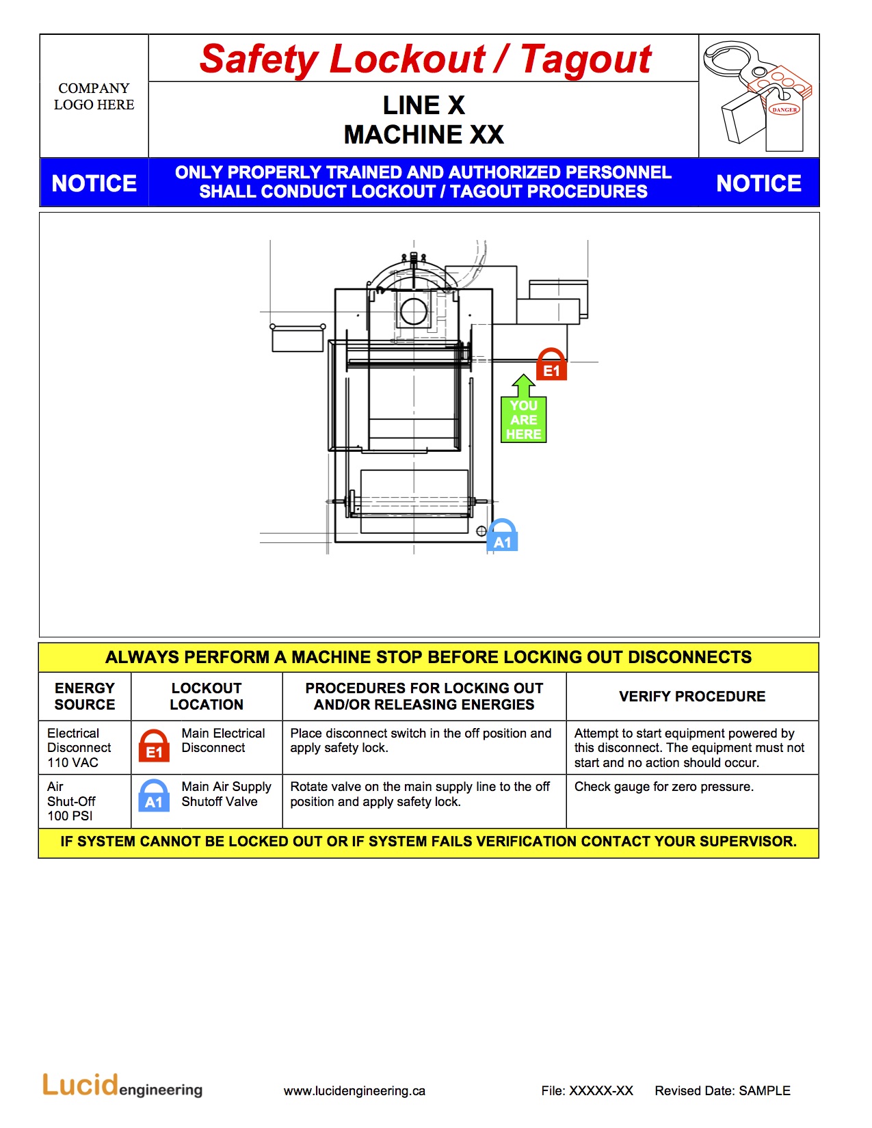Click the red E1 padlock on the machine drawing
coord(551,364)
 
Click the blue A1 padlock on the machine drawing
coord(502,536)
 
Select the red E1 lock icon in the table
coord(154,746)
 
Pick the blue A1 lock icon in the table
coord(154,796)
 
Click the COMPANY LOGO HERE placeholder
coord(94,96)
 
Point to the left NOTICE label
coord(94,183)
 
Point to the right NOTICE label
coord(758,183)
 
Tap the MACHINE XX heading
coord(424,135)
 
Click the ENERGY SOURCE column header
coord(85,696)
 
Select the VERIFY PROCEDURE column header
coord(692,696)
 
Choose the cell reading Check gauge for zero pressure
coord(664,787)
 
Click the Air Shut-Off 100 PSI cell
coord(71,801)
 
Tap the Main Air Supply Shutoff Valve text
coord(226,794)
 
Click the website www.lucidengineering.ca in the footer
coord(354,1091)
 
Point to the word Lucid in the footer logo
coord(80,1085)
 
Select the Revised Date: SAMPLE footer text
coord(722,1091)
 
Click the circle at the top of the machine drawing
coord(414,312)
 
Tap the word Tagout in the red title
coord(585,59)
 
